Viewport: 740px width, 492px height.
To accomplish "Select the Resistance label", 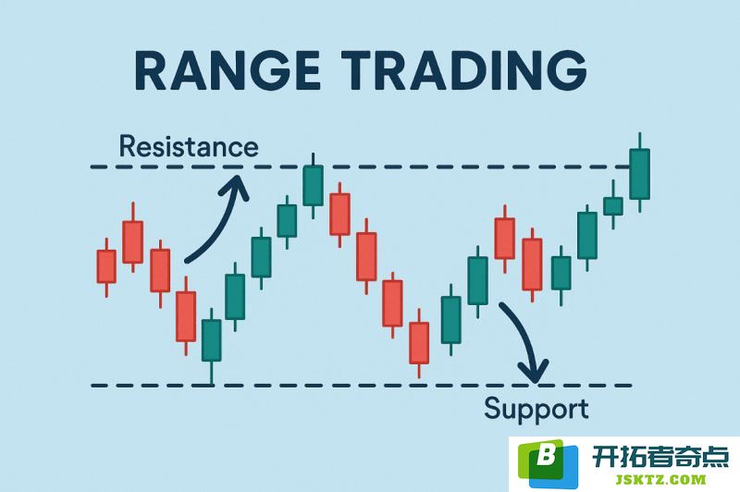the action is [x=189, y=146].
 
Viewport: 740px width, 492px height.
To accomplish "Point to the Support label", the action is [x=536, y=410].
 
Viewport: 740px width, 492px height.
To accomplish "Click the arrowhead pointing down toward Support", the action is [x=534, y=371].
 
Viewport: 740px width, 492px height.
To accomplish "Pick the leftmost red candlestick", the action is [x=106, y=266].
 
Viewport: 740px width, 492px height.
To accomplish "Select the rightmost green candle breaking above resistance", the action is [x=639, y=173].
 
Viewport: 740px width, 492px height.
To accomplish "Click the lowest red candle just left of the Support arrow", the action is [x=419, y=343].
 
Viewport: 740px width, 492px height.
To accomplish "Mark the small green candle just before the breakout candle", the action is [x=613, y=205].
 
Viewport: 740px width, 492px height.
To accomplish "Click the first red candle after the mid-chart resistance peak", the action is [x=339, y=214].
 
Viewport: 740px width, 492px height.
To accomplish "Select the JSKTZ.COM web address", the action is [x=660, y=480].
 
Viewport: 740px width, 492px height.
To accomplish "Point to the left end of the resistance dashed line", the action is [x=91, y=167].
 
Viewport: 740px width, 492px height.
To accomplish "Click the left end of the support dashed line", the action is [x=92, y=386].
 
